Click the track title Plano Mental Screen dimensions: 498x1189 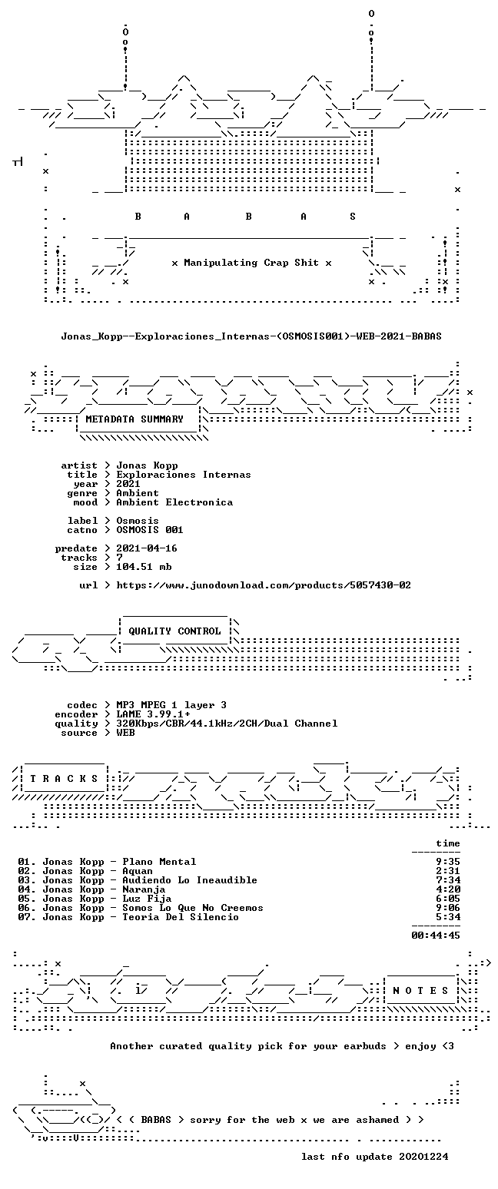tap(159, 862)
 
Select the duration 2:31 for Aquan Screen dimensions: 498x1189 tap(448, 870)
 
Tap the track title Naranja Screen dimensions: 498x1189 tap(144, 889)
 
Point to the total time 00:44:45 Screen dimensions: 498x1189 tap(436, 936)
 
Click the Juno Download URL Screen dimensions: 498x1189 tap(264, 585)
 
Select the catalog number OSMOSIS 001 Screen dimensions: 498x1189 tap(150, 530)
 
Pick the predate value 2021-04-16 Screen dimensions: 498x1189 tap(147, 548)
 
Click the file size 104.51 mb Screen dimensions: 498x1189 tap(144, 567)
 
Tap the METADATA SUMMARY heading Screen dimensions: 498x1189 tap(134, 419)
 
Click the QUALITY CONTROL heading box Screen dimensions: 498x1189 tap(174, 631)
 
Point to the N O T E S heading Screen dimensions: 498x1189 tap(421, 991)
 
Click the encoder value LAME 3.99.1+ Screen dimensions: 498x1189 tap(153, 714)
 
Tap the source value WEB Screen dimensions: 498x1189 tap(125, 733)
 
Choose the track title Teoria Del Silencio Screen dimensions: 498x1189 tap(181, 917)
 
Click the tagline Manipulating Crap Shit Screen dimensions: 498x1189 tap(251, 263)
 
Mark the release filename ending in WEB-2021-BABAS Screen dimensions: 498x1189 tap(251, 336)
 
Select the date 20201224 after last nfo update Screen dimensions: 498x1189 tap(423, 1157)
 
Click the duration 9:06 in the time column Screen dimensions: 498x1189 tap(448, 908)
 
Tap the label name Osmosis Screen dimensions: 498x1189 tap(138, 521)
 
